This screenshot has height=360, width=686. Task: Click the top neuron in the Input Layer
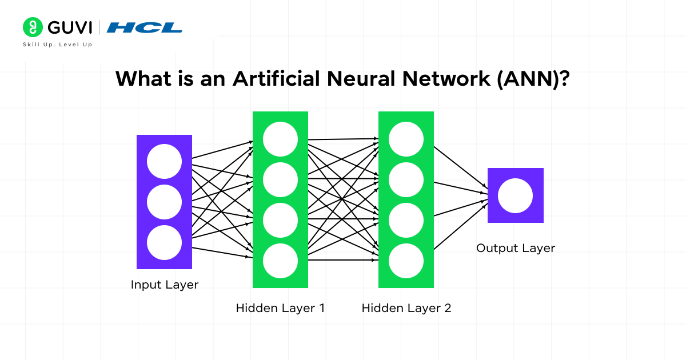pyautogui.click(x=164, y=161)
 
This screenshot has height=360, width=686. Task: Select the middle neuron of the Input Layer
pyautogui.click(x=164, y=202)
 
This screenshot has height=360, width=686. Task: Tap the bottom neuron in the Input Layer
pyautogui.click(x=164, y=242)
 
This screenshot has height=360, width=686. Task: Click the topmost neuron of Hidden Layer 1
pyautogui.click(x=280, y=139)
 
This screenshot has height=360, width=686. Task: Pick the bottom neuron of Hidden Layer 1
pyautogui.click(x=280, y=261)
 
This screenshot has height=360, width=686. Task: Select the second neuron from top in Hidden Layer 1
pyautogui.click(x=280, y=179)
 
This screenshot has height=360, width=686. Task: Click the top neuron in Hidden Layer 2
pyautogui.click(x=406, y=139)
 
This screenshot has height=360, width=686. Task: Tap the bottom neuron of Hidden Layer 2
pyautogui.click(x=406, y=261)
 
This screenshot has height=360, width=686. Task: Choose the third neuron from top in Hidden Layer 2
pyautogui.click(x=406, y=220)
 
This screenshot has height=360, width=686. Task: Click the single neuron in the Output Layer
pyautogui.click(x=515, y=196)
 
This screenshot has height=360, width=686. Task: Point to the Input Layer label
pyautogui.click(x=165, y=285)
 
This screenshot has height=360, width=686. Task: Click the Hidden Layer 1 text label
pyautogui.click(x=280, y=308)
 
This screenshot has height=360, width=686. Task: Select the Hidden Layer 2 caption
pyautogui.click(x=406, y=308)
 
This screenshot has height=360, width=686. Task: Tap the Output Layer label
pyautogui.click(x=516, y=248)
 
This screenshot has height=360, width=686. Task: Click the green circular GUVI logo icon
pyautogui.click(x=33, y=27)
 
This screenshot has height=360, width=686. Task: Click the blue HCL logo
pyautogui.click(x=145, y=27)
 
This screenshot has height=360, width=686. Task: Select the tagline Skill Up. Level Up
pyautogui.click(x=57, y=45)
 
